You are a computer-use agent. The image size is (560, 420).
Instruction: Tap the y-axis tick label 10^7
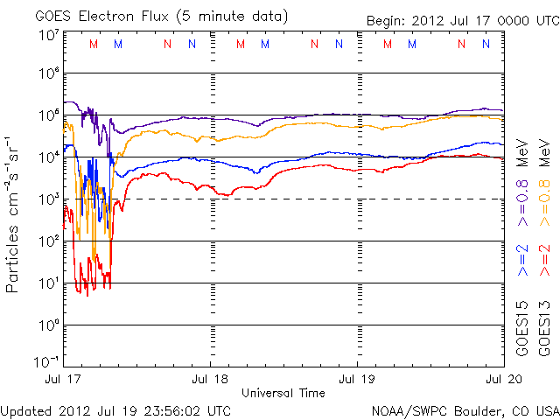pyautogui.click(x=49, y=34)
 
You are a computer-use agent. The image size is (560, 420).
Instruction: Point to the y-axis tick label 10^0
pyautogui.click(x=49, y=325)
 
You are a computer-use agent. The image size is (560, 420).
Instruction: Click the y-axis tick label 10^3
pyautogui.click(x=49, y=199)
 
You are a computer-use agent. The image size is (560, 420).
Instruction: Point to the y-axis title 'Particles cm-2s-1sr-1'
pyautogui.click(x=14, y=213)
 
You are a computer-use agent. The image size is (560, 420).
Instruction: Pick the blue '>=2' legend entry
pyautogui.click(x=521, y=260)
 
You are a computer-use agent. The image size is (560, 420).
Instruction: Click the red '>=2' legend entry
pyautogui.click(x=544, y=260)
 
